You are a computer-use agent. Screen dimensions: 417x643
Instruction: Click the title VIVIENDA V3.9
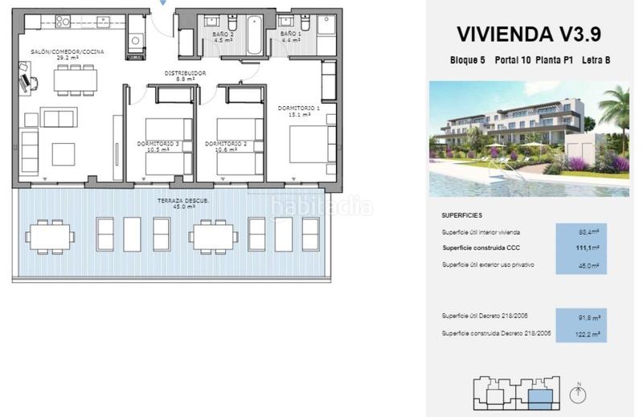tap(528, 34)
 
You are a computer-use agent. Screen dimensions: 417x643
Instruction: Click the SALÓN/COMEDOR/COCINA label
tap(68, 54)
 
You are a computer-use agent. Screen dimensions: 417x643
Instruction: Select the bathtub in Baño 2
tap(255, 34)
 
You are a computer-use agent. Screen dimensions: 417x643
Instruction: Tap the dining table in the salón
tap(76, 79)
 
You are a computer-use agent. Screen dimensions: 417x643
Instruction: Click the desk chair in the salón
tap(28, 81)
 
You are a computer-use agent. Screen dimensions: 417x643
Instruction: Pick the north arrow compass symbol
tap(576, 394)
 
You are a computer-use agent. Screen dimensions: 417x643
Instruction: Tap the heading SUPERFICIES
tap(462, 216)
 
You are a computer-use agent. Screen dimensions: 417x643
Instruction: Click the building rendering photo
tap(528, 138)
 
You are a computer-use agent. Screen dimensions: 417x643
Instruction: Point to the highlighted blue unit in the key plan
tap(539, 396)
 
